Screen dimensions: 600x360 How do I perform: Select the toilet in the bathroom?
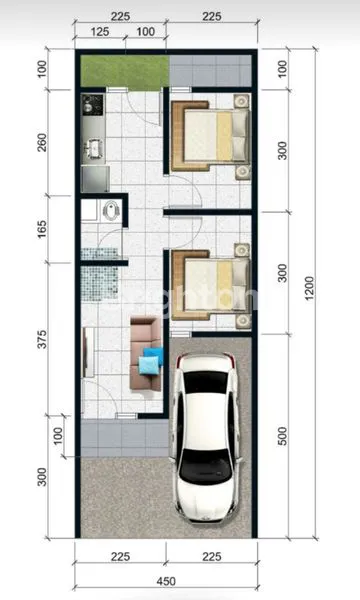coord(111,210)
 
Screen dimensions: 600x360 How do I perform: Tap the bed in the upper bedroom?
coord(210,136)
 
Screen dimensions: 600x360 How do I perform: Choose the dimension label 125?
coord(100,32)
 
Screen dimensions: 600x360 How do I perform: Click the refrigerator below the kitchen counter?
coord(94,177)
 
